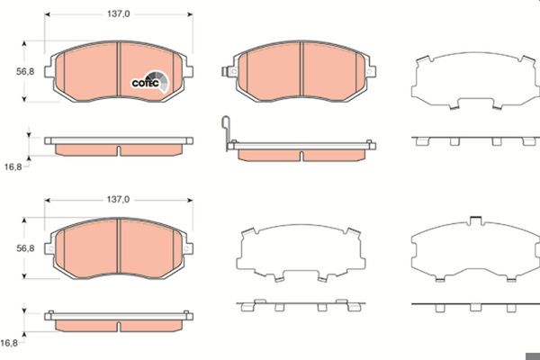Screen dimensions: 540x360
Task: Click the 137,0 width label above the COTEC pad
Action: coord(119,13)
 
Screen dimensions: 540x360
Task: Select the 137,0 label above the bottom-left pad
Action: coord(118,200)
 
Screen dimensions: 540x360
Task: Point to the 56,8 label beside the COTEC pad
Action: coord(25,72)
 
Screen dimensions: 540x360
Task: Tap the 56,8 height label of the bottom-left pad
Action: coord(25,248)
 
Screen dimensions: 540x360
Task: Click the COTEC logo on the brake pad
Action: coord(150,82)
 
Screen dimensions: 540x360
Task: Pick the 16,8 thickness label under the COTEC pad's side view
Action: coord(13,167)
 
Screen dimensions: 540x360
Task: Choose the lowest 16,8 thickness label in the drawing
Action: coord(9,343)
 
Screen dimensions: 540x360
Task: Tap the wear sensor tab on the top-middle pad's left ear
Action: coord(226,72)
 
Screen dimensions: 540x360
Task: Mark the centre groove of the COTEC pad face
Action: coord(119,69)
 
